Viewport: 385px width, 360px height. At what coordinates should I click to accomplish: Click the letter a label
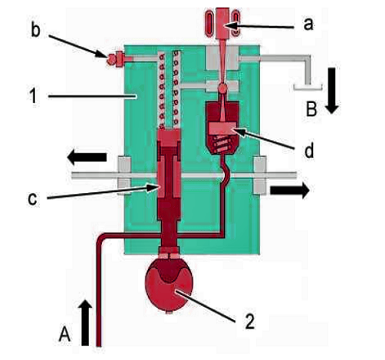[309, 25]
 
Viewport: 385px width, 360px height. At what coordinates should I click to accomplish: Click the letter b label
[35, 29]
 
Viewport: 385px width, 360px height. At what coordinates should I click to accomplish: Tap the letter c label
[33, 199]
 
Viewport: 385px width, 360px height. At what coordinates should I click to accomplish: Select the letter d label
[309, 151]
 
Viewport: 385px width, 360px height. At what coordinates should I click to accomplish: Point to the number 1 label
[33, 96]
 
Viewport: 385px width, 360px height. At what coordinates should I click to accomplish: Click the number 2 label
[250, 321]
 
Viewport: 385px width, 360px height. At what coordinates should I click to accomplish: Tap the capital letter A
[65, 334]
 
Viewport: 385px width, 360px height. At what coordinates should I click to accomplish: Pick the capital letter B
[311, 109]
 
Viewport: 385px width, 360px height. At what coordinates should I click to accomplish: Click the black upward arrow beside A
[85, 323]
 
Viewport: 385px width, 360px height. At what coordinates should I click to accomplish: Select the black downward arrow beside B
[332, 91]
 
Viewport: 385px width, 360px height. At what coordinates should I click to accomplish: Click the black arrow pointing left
[87, 157]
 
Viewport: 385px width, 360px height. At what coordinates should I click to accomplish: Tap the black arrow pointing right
[289, 190]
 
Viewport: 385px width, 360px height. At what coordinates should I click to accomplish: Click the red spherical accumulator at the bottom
[169, 286]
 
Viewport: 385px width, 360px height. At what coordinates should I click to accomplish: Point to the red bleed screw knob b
[111, 59]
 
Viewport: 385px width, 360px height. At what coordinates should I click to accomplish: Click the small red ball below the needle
[223, 88]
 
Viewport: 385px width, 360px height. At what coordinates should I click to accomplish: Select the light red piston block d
[222, 128]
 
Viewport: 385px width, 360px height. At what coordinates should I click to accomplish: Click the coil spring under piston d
[222, 144]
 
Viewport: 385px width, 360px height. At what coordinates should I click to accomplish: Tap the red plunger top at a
[222, 23]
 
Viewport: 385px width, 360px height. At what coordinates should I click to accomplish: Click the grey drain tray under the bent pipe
[308, 88]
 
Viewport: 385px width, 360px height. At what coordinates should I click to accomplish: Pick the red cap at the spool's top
[168, 137]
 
